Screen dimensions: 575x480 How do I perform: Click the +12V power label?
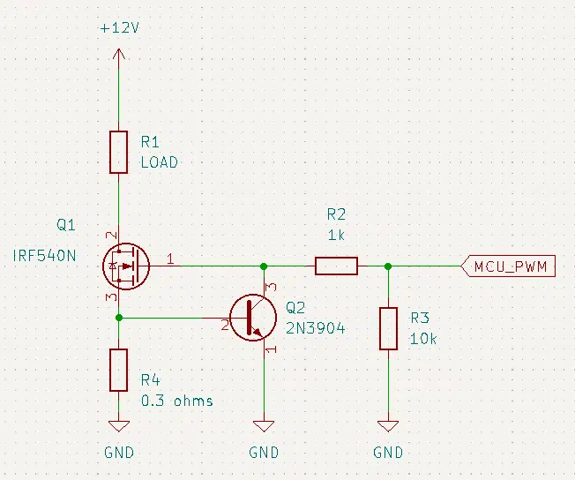tap(120, 28)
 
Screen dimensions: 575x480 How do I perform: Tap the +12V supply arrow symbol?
tap(118, 54)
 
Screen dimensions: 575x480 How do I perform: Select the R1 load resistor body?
tap(118, 152)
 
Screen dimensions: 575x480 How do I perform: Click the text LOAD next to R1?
tap(160, 162)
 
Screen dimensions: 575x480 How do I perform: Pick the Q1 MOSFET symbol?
tap(126, 266)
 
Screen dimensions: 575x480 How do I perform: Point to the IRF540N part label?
tap(44, 255)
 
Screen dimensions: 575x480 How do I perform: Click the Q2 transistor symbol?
tap(253, 318)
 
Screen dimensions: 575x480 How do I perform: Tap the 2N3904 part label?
tap(316, 328)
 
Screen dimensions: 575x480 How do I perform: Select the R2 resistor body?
tap(336, 266)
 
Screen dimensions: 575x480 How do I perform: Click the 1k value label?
tap(336, 235)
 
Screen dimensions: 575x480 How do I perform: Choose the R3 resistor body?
tap(388, 328)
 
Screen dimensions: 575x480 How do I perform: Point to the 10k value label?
tap(423, 339)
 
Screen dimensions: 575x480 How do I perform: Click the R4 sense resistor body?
tap(118, 370)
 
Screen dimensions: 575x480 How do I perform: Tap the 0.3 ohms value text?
tap(177, 401)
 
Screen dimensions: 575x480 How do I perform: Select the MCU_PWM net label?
tap(508, 266)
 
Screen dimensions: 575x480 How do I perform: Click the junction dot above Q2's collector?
tap(264, 266)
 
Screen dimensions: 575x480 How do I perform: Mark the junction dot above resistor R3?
tap(388, 266)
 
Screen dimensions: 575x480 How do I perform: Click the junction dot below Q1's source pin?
tap(119, 318)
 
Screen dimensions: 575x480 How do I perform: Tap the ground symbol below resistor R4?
tap(119, 426)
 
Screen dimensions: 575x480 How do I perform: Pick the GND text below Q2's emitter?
tap(264, 453)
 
